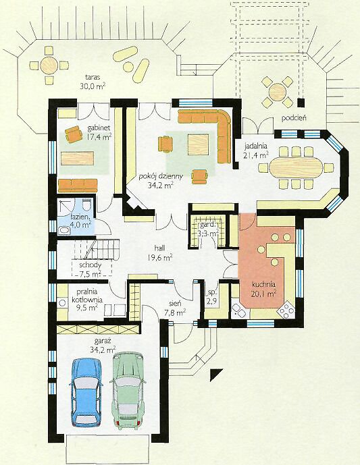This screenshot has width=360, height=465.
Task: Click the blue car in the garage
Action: pyautogui.click(x=86, y=392)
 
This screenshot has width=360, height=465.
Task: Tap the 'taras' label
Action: pyautogui.click(x=93, y=77)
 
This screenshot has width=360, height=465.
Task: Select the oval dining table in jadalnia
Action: pyautogui.click(x=296, y=167)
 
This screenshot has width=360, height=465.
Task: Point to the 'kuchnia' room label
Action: pyautogui.click(x=264, y=284)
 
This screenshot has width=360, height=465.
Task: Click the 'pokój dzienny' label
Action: pyautogui.click(x=161, y=176)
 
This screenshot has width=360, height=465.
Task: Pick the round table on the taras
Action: pyautogui.click(x=49, y=65)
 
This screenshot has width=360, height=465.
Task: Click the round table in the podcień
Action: pyautogui.click(x=278, y=92)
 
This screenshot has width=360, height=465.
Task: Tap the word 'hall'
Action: pyautogui.click(x=159, y=248)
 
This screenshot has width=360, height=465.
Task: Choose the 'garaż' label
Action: pyautogui.click(x=103, y=341)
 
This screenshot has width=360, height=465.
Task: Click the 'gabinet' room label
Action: pyautogui.click(x=99, y=128)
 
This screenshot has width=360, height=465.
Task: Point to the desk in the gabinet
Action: pyautogui.click(x=77, y=158)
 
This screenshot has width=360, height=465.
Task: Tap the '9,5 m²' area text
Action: pyautogui.click(x=85, y=307)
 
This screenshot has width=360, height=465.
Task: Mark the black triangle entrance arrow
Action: pyautogui.click(x=215, y=374)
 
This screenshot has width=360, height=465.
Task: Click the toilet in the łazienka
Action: pyautogui.click(x=86, y=204)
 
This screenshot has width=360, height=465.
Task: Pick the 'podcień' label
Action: pyautogui.click(x=294, y=118)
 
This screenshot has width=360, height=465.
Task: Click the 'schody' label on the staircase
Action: pyautogui.click(x=91, y=265)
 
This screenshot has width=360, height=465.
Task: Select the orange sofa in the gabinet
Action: pyautogui.click(x=78, y=186)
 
